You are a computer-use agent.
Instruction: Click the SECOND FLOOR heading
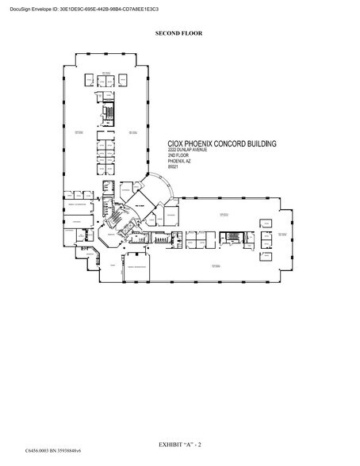click(179, 35)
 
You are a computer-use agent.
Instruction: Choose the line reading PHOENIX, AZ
click(178, 161)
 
